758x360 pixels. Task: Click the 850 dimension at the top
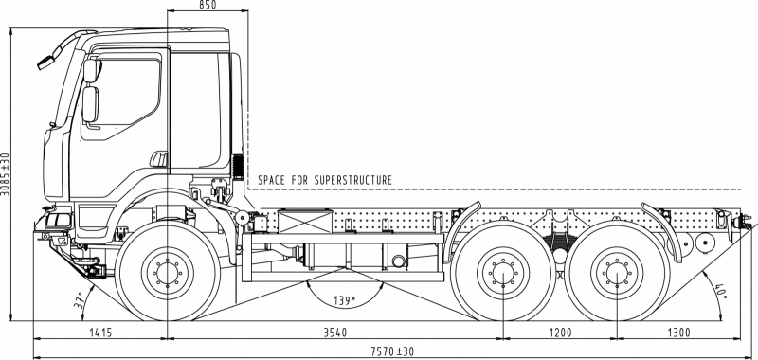tap(208, 5)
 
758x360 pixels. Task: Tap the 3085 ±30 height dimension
tap(5, 174)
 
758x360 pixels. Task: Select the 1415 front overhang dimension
tap(100, 333)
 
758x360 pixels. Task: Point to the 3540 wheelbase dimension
tap(335, 333)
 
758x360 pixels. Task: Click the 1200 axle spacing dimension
tap(560, 333)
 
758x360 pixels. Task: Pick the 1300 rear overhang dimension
tap(679, 333)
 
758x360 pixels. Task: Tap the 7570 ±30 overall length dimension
tap(392, 351)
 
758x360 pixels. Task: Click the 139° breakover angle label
tap(344, 300)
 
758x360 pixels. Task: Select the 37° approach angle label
tap(80, 300)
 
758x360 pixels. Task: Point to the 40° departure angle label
tap(721, 291)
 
